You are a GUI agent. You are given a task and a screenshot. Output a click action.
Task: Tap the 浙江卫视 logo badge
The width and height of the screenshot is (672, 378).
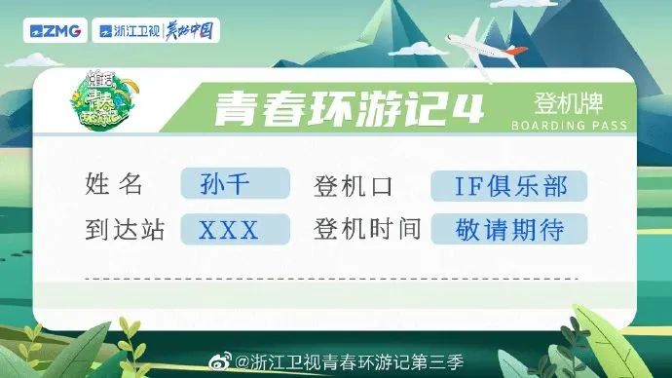click(123, 31)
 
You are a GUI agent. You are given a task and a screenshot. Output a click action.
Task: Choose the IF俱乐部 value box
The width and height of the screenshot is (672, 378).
click(509, 183)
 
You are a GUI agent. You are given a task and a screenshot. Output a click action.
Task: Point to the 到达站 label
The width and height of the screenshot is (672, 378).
click(126, 229)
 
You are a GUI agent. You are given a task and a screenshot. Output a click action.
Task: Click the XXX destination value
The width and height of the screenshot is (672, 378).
click(230, 230)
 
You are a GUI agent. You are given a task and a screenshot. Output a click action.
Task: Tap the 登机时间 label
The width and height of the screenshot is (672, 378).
click(366, 229)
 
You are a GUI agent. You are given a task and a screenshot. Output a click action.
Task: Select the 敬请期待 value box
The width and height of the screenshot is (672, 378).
click(509, 229)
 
